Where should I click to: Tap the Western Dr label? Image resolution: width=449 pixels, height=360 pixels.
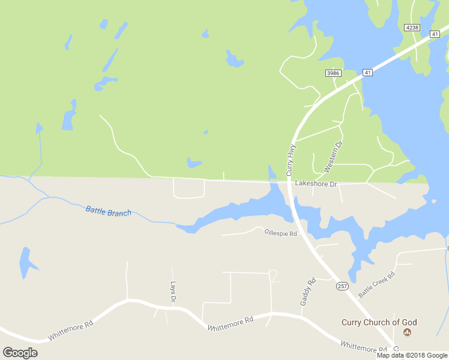point(333,157)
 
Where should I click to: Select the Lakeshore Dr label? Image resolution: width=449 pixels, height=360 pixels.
point(316,183)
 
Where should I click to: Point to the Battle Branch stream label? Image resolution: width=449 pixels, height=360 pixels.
point(108,211)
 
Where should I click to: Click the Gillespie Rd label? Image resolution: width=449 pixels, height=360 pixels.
point(281,233)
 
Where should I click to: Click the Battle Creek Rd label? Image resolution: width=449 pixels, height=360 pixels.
point(377,284)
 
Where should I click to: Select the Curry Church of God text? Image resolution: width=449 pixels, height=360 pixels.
point(379,322)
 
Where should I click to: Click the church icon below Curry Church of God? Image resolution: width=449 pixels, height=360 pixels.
point(407,332)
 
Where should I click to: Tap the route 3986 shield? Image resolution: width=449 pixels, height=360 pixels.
point(333,73)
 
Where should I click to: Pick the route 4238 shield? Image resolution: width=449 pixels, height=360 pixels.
point(412,28)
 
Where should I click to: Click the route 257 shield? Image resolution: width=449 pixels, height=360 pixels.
point(342,287)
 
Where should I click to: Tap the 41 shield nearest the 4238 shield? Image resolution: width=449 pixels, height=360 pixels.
point(435,35)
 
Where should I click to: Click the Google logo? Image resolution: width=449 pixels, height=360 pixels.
point(20,352)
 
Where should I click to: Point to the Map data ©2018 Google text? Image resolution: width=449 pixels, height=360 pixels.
point(412,355)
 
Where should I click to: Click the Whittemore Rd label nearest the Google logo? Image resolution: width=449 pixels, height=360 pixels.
point(71,331)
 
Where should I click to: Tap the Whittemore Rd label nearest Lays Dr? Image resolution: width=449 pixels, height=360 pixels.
point(231,324)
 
